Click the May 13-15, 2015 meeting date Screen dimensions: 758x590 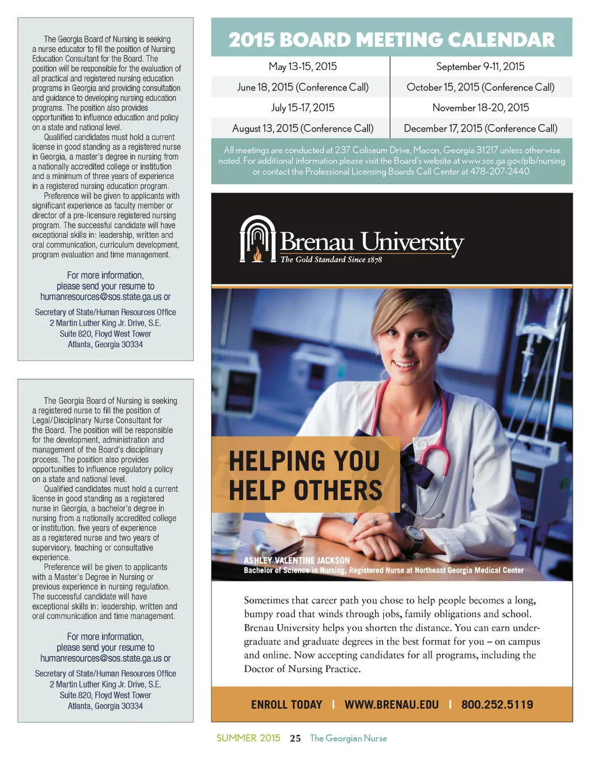pyautogui.click(x=302, y=66)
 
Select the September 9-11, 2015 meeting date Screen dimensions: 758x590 pyautogui.click(x=480, y=66)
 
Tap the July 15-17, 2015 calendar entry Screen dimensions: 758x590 pyautogui.click(x=302, y=108)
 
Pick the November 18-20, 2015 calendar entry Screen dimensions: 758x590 pyautogui.click(x=480, y=108)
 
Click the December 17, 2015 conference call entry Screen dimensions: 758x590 pyautogui.click(x=480, y=129)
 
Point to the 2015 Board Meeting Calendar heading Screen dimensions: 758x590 pyautogui.click(x=391, y=39)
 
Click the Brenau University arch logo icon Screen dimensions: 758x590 pyautogui.click(x=258, y=239)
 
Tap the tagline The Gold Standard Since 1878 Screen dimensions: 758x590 pyautogui.click(x=331, y=260)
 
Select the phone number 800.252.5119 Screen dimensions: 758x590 pyautogui.click(x=497, y=704)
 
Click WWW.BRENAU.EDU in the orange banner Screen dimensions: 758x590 pyautogui.click(x=391, y=704)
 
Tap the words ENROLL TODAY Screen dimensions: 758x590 pyautogui.click(x=286, y=704)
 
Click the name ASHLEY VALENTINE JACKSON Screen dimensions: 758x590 pyautogui.click(x=297, y=560)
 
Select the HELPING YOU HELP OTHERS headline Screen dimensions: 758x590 pyautogui.click(x=305, y=476)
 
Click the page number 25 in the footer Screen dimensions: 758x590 pyautogui.click(x=295, y=738)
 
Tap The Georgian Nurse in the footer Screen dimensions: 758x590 pyautogui.click(x=348, y=738)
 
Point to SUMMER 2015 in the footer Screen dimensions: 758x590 pyautogui.click(x=248, y=738)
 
